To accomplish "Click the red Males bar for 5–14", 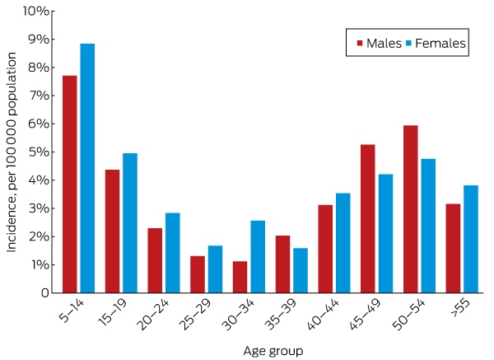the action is pos(70,184).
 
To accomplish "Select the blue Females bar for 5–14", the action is pos(87,168).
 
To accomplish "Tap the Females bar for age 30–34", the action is pos(258,256).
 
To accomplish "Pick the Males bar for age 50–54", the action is pos(411,209).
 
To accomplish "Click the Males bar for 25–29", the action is pos(198,274).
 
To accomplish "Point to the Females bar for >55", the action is pos(471,239).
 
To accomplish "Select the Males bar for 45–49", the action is pos(368,219).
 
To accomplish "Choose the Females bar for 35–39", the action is pos(301,270).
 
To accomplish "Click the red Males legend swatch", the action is pos(360,43).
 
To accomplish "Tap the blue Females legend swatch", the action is pos(408,43).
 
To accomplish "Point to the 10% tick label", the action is pos(36,12).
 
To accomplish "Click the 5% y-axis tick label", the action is pos(39,152).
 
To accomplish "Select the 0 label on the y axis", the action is pos(45,292).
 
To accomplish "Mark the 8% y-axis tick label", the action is pos(39,68).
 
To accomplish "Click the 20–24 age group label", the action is pos(153,315).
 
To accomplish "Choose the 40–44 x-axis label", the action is pos(324,315).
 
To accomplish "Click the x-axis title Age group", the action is pos(273,351).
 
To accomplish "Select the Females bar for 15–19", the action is pos(130,223).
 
